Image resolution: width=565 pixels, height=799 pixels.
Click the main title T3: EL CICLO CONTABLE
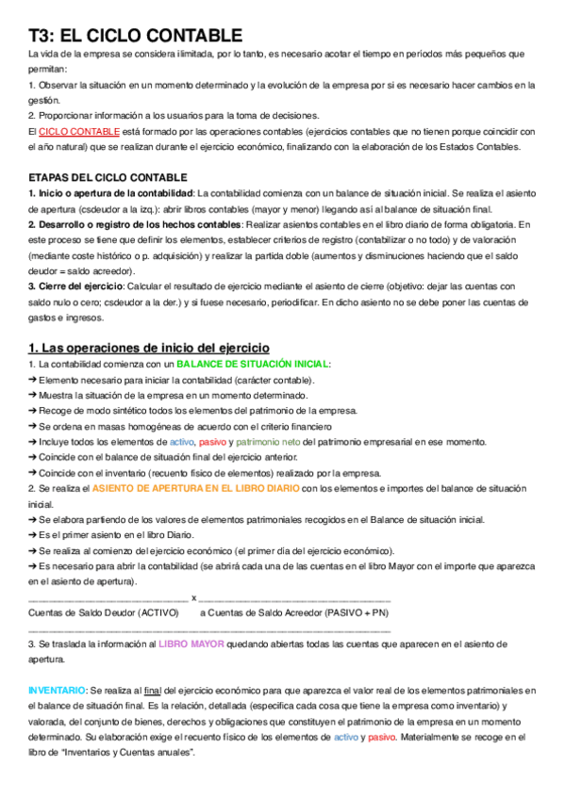135,36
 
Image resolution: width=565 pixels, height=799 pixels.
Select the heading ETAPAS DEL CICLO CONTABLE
108,177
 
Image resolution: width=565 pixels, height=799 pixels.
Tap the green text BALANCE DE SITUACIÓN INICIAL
254,364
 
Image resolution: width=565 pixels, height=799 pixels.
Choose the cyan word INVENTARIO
57,691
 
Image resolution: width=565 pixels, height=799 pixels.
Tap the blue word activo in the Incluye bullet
181,441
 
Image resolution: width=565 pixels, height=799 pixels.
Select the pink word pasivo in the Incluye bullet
213,441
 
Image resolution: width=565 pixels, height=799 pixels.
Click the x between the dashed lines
193,596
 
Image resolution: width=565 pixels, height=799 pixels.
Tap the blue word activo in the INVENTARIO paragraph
345,737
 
